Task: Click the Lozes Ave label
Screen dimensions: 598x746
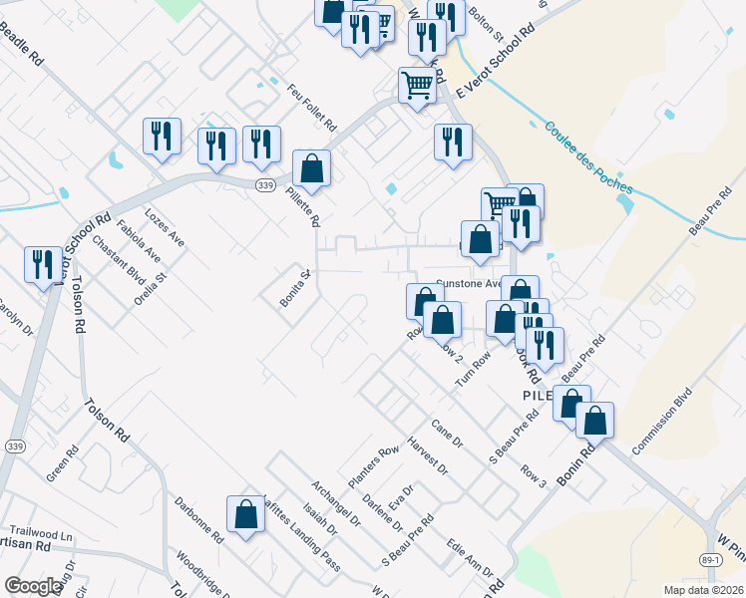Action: pyautogui.click(x=165, y=227)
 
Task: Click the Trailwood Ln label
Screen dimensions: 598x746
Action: pyautogui.click(x=39, y=535)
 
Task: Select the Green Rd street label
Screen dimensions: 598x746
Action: pyautogui.click(x=62, y=463)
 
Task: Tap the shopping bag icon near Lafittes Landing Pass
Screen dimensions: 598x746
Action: pyautogui.click(x=245, y=515)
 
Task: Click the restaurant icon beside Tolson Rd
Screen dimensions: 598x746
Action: pyautogui.click(x=42, y=266)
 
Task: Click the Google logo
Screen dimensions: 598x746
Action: pyautogui.click(x=32, y=586)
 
